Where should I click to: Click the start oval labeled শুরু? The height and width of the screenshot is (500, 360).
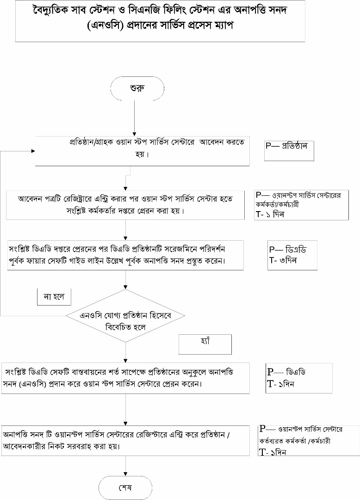click(x=137, y=88)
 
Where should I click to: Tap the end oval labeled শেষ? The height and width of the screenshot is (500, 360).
click(x=125, y=488)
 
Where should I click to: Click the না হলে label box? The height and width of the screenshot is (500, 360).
click(x=54, y=297)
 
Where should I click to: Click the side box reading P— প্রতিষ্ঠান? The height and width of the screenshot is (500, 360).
click(x=289, y=150)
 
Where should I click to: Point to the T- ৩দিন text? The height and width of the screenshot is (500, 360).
click(x=283, y=260)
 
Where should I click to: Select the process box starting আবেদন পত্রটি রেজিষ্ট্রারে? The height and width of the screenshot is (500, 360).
click(x=125, y=205)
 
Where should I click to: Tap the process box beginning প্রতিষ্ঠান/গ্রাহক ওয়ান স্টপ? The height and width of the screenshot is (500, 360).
click(x=143, y=150)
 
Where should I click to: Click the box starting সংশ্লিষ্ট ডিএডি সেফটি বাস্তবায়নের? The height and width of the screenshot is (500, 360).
click(x=125, y=378)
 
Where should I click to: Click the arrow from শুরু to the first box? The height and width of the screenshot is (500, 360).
click(x=134, y=118)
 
